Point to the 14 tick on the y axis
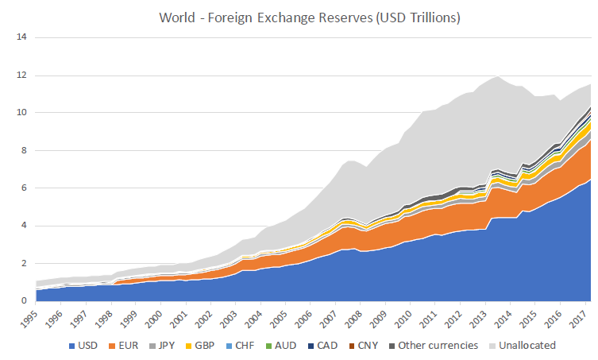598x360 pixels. (21, 37)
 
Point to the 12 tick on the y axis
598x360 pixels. (21, 75)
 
